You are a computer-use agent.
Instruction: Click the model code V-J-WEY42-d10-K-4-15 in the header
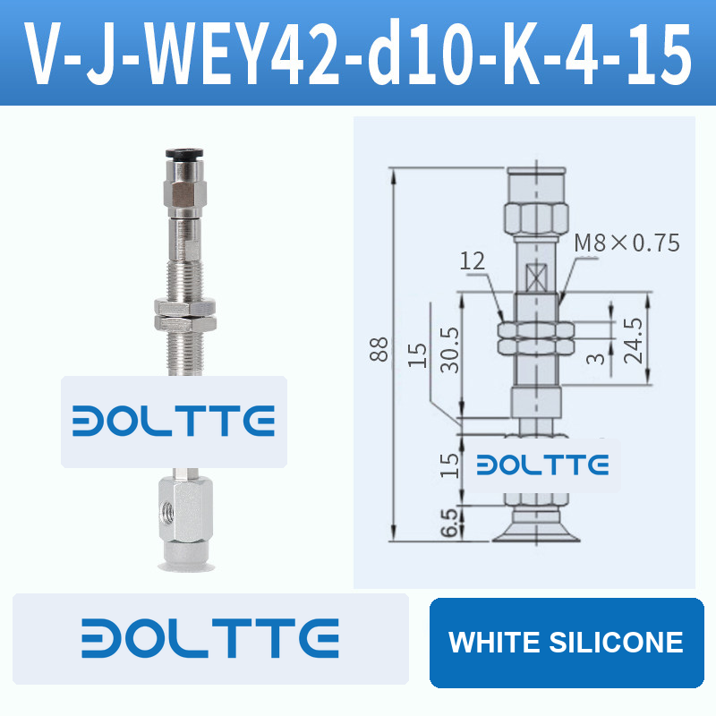pos(358,54)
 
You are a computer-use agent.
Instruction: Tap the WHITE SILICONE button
pos(567,643)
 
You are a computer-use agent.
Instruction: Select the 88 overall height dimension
pos(379,349)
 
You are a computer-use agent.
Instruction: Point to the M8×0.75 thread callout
pos(626,243)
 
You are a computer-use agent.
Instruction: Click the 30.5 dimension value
pos(450,349)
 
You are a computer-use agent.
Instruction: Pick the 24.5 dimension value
pos(634,341)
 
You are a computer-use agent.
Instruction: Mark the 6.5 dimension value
pos(449,522)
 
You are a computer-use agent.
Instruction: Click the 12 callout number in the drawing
pos(473,261)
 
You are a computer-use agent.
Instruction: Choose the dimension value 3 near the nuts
pos(596,359)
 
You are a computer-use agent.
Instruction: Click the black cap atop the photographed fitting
pos(184,153)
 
